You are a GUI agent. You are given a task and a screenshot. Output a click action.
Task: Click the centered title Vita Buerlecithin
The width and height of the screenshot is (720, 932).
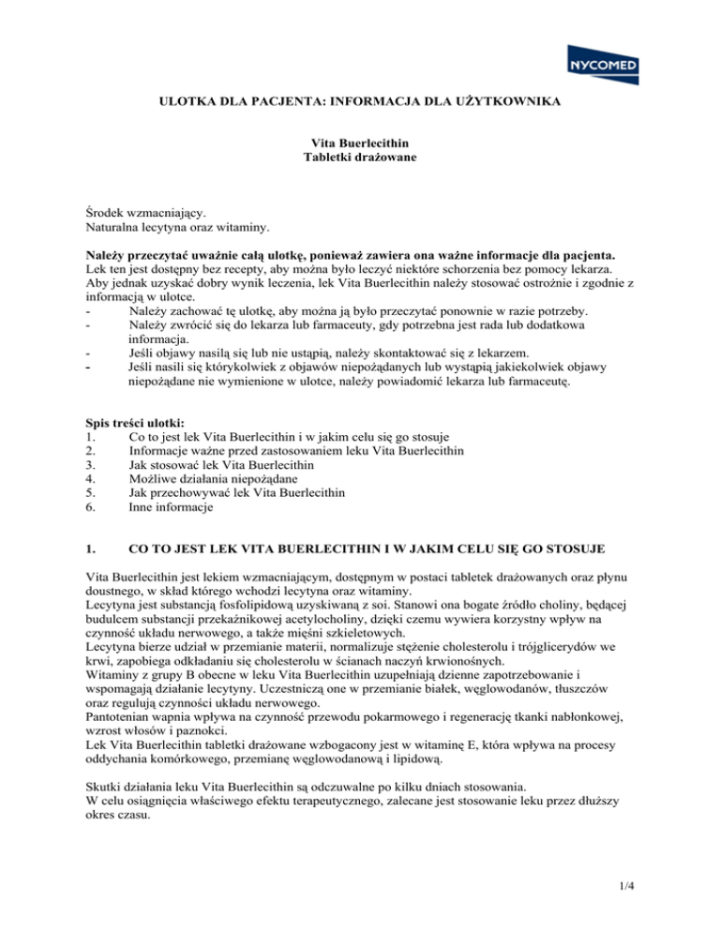click(x=360, y=143)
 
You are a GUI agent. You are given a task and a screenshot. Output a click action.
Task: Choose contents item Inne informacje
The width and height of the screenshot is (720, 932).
click(x=172, y=507)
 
